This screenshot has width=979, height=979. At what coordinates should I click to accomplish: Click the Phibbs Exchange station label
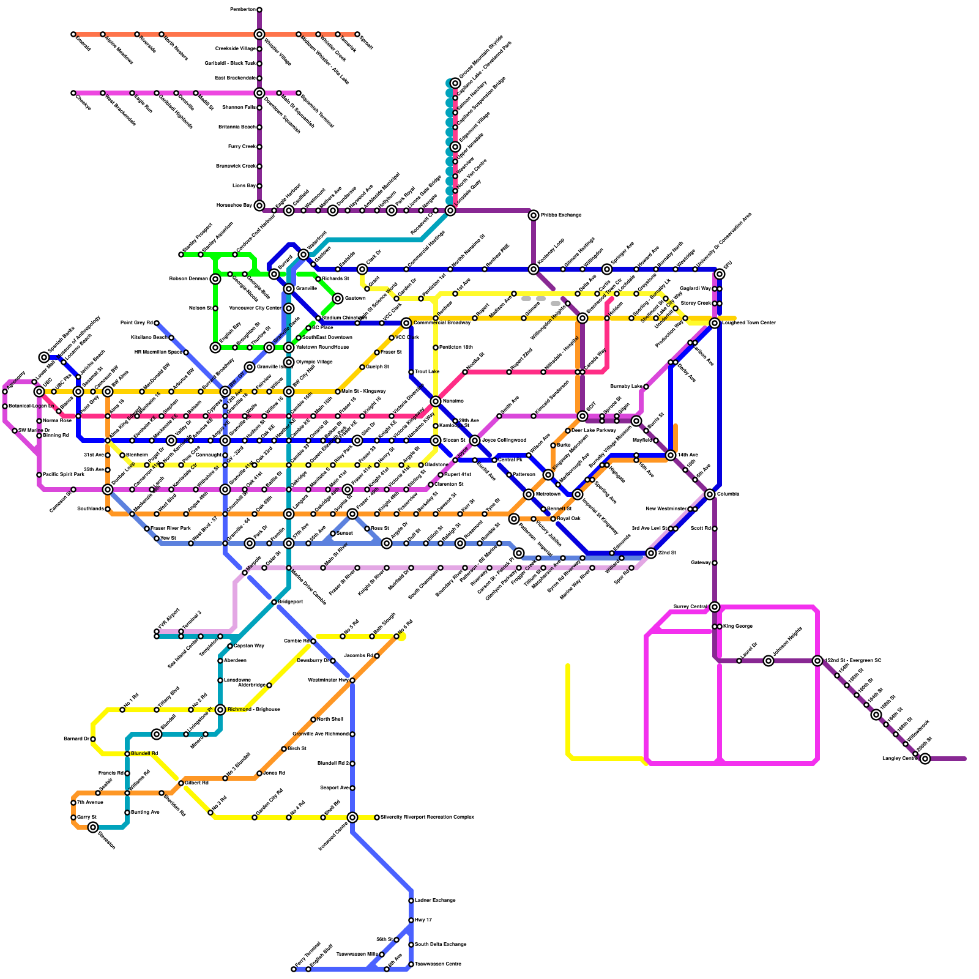click(560, 215)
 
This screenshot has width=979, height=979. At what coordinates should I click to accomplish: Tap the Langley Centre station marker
click(925, 759)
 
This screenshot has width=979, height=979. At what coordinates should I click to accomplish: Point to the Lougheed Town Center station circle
click(715, 323)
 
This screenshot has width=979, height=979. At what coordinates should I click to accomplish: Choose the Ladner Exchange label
click(435, 901)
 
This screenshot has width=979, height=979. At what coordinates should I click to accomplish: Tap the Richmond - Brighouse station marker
click(220, 710)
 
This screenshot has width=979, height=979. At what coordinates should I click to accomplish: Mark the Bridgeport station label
click(290, 602)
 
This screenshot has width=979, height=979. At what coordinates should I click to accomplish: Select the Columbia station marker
click(710, 494)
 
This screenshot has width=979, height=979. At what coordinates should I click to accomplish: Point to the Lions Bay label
click(244, 186)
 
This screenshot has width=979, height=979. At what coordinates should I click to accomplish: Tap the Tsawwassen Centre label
click(437, 964)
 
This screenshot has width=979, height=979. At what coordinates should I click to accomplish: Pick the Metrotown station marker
click(529, 494)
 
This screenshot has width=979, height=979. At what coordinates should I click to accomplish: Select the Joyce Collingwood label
click(504, 441)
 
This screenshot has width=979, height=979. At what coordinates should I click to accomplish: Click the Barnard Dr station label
click(76, 739)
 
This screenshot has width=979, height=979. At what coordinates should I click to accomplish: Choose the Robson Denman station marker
click(215, 279)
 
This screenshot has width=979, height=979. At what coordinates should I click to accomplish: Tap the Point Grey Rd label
click(136, 323)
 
